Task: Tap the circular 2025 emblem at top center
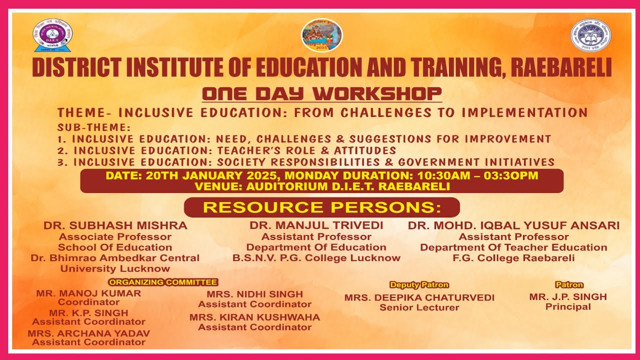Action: point(321,35)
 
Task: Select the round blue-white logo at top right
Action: point(590,35)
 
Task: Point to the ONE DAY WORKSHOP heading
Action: point(322,93)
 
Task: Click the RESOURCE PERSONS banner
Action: point(321,207)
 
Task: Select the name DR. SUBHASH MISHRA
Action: point(115,225)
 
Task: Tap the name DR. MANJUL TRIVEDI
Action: point(316,225)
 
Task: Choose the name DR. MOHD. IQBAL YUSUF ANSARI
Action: point(513,225)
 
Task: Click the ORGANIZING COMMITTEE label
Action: point(163,282)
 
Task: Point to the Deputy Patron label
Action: point(419,285)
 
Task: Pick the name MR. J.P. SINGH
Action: point(568,297)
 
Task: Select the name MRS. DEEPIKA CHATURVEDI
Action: point(419,297)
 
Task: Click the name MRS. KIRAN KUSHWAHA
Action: point(254,317)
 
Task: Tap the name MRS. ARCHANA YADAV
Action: point(88,333)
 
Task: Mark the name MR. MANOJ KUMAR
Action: point(88,293)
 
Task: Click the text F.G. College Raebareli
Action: point(513,258)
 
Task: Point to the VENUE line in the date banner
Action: point(322,186)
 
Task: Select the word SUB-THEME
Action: point(93,127)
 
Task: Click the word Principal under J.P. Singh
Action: point(568,307)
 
